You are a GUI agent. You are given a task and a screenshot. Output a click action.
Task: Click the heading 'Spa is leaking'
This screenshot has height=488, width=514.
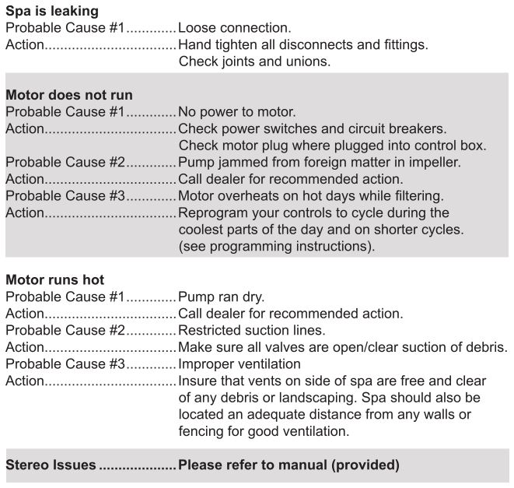pyautogui.click(x=52, y=12)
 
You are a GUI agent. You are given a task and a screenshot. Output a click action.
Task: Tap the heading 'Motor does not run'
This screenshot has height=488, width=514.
pyautogui.click(x=69, y=95)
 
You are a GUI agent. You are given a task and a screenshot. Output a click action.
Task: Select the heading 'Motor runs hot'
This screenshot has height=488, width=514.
pyautogui.click(x=54, y=279)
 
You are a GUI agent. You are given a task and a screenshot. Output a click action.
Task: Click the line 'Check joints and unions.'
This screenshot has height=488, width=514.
pyautogui.click(x=254, y=61)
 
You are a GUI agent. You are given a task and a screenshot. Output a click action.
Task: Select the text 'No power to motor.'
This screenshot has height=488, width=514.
pyautogui.click(x=237, y=112)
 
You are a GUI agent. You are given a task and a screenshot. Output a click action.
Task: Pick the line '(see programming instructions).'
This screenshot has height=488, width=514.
pyautogui.click(x=277, y=247)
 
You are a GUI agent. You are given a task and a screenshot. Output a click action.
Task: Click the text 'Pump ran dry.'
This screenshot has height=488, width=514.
pyautogui.click(x=221, y=297)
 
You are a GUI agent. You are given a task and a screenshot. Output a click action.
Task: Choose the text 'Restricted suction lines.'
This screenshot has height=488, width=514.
pyautogui.click(x=252, y=330)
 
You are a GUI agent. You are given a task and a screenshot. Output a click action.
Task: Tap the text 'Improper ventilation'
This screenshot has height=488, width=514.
pyautogui.click(x=240, y=363)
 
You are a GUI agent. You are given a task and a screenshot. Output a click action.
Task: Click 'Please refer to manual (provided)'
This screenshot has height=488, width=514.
pyautogui.click(x=288, y=465)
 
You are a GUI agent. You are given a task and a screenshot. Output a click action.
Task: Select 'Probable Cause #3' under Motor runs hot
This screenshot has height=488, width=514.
pyautogui.click(x=65, y=363)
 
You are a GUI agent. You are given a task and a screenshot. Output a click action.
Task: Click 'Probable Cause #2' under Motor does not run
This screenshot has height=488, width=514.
pyautogui.click(x=65, y=163)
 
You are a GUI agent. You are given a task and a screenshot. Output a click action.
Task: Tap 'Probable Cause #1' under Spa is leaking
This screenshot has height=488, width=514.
pyautogui.click(x=65, y=28)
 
